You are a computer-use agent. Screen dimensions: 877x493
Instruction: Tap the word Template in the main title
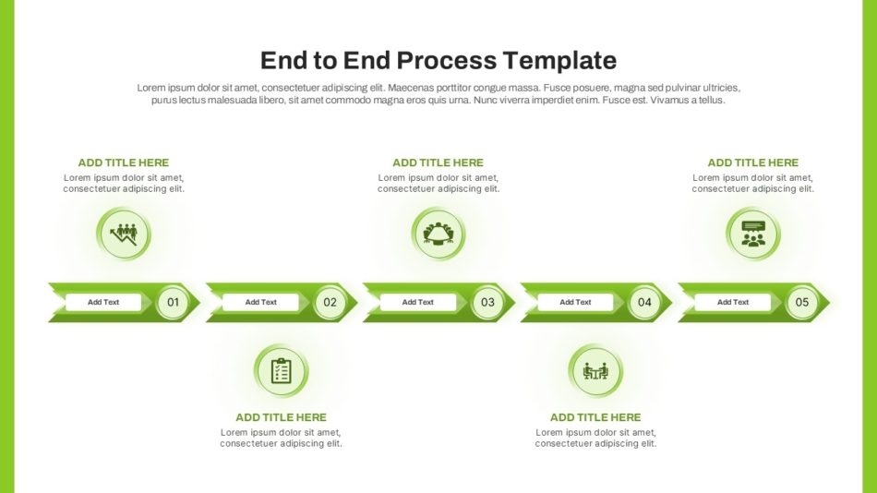click(x=559, y=61)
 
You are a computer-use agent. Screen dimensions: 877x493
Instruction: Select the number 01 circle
click(x=173, y=302)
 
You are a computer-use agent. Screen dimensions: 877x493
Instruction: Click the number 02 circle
click(x=330, y=302)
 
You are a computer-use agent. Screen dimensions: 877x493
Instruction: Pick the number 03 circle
click(x=487, y=302)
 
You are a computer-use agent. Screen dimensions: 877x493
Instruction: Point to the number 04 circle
click(x=645, y=302)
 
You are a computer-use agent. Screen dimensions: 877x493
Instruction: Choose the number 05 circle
click(x=802, y=302)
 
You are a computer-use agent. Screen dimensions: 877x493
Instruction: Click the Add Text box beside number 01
click(x=103, y=302)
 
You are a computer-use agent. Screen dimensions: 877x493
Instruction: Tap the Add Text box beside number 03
click(x=418, y=302)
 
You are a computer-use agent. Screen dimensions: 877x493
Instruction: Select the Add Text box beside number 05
click(x=733, y=302)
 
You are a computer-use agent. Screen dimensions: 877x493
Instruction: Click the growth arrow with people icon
click(x=124, y=234)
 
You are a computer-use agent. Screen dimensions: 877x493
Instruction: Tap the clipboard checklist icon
click(x=281, y=371)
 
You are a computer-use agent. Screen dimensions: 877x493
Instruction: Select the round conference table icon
click(x=438, y=234)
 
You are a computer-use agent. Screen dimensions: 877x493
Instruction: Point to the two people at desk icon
click(x=595, y=371)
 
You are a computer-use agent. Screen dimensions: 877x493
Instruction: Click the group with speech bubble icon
click(x=753, y=234)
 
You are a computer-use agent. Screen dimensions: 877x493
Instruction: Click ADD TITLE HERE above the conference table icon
click(x=438, y=162)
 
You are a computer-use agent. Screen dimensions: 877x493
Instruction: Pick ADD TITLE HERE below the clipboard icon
click(x=281, y=417)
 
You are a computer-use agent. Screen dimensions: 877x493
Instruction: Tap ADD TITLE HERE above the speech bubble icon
click(x=752, y=162)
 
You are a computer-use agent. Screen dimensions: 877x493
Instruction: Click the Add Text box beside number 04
click(x=575, y=302)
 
